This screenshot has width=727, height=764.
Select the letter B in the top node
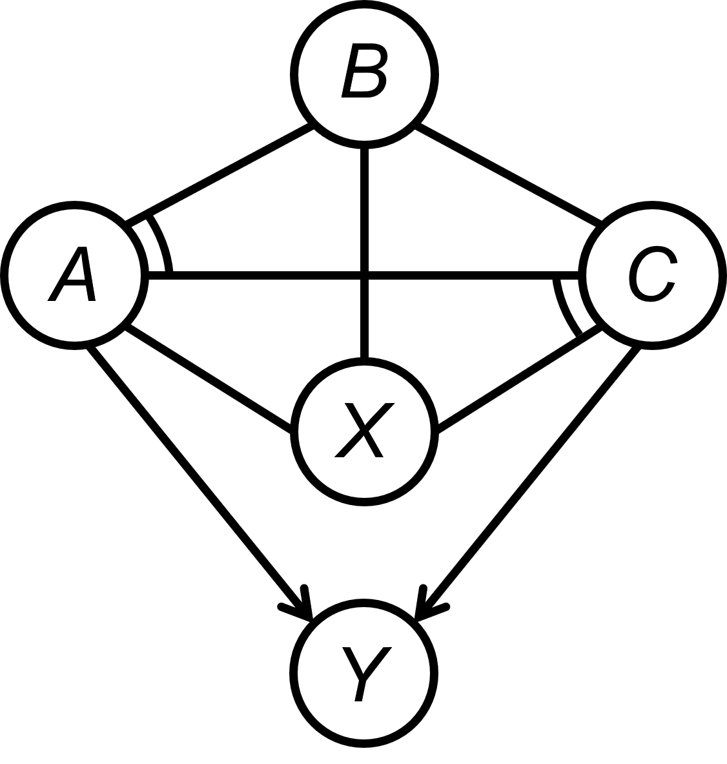[364, 71]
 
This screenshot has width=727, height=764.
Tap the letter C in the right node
[651, 274]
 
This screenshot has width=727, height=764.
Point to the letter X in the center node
[364, 431]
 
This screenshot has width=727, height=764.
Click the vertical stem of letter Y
[360, 689]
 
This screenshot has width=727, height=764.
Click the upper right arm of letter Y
[381, 657]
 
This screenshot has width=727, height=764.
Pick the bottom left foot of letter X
[340, 455]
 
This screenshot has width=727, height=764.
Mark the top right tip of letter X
[389, 406]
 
